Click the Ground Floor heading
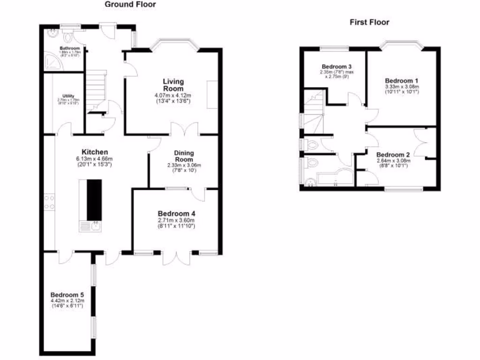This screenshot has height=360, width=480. [x=130, y=5]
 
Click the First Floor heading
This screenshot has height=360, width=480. [x=369, y=22]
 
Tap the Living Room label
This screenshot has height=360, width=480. [x=173, y=85]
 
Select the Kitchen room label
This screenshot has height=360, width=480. [x=95, y=152]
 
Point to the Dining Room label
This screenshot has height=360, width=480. [x=184, y=156]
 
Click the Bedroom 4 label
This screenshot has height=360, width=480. [x=176, y=213]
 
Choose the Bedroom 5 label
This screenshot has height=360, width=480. [x=67, y=294]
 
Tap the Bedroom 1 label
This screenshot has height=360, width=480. [x=402, y=80]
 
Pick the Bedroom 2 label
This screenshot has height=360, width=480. [x=393, y=155]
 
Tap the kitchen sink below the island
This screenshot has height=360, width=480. [x=90, y=226]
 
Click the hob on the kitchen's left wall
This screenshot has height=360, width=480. [x=49, y=202]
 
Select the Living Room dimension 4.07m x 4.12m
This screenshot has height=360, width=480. [x=173, y=96]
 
